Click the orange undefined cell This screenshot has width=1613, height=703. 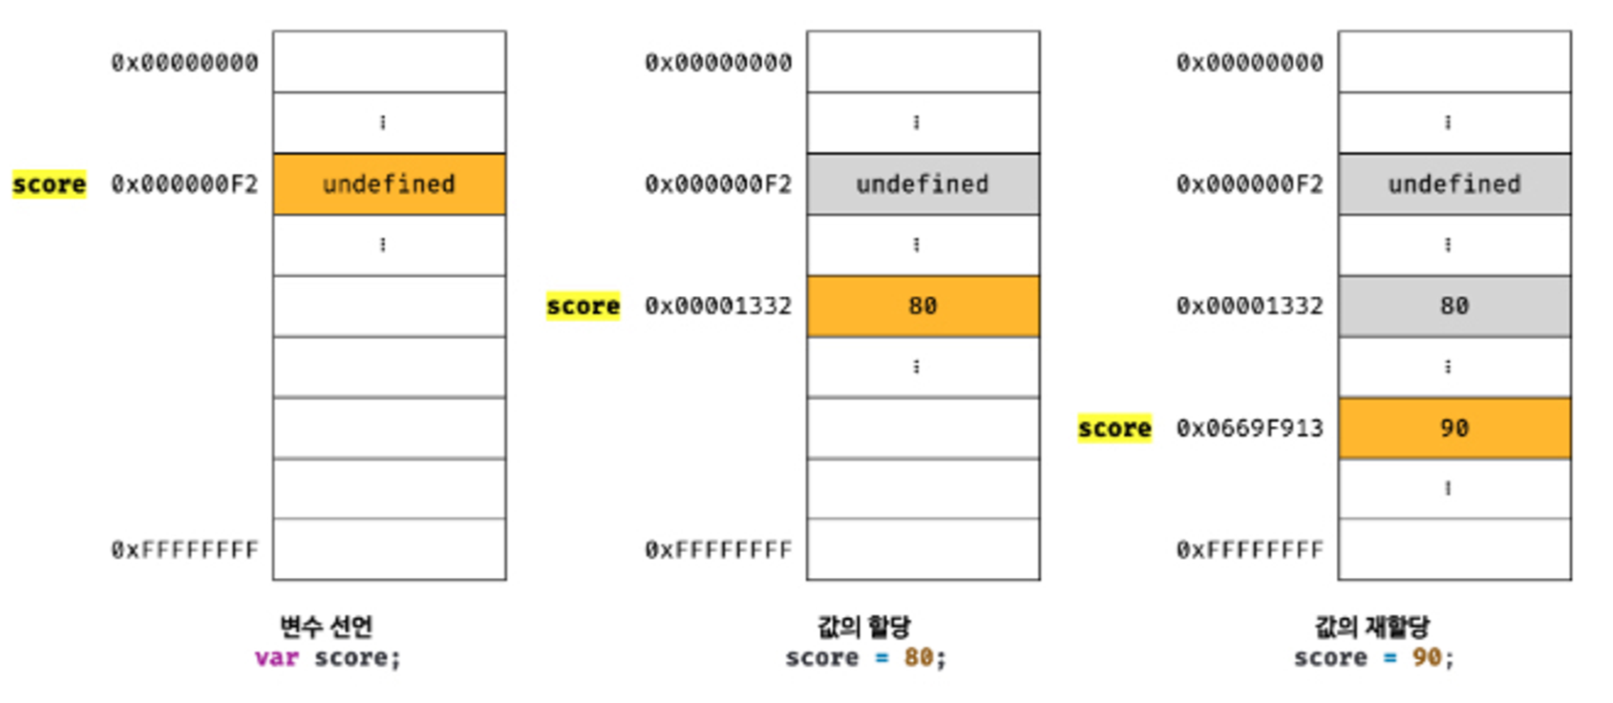click(389, 184)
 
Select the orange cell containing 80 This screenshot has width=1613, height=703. click(923, 307)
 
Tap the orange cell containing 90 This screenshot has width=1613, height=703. click(1454, 429)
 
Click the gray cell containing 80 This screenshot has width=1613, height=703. click(1454, 307)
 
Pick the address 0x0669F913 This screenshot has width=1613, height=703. click(1249, 429)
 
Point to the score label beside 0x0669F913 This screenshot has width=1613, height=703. click(1114, 429)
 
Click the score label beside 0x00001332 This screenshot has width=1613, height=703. click(583, 307)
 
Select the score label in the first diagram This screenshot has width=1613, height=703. click(49, 184)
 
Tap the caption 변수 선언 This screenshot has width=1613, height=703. click(326, 627)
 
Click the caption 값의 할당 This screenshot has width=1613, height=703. click(864, 627)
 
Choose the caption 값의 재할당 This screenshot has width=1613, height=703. click(1372, 627)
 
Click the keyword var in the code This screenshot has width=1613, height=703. click(276, 658)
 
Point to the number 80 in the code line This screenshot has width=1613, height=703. click(918, 658)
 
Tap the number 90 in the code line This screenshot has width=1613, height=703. click(1427, 658)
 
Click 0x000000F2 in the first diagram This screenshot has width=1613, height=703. click(184, 184)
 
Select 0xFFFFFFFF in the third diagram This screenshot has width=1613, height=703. click(1249, 550)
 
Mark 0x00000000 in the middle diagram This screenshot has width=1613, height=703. click(718, 63)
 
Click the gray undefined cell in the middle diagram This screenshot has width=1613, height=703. click(923, 184)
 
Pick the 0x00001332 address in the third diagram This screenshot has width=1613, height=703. click(1249, 307)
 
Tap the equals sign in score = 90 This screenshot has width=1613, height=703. click(1390, 658)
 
